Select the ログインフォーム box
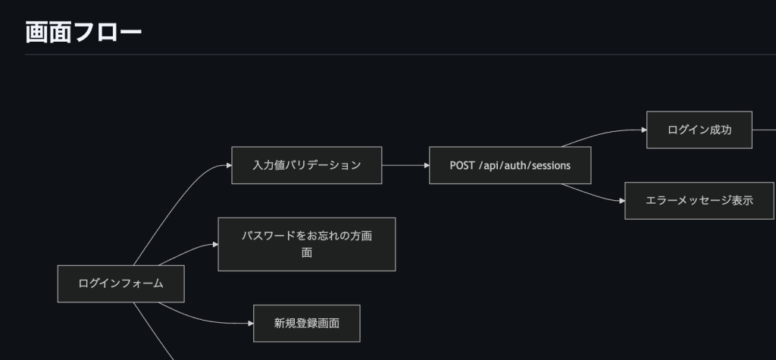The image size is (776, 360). (121, 283)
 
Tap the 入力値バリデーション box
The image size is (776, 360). (307, 165)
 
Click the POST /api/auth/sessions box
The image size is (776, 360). (509, 165)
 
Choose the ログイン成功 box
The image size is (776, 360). (699, 130)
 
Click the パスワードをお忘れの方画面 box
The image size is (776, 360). (307, 244)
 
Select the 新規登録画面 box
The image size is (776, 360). (306, 323)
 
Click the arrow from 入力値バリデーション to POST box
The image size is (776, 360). (405, 165)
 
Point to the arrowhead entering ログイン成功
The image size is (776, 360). (643, 130)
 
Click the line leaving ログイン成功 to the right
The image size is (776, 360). (764, 130)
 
